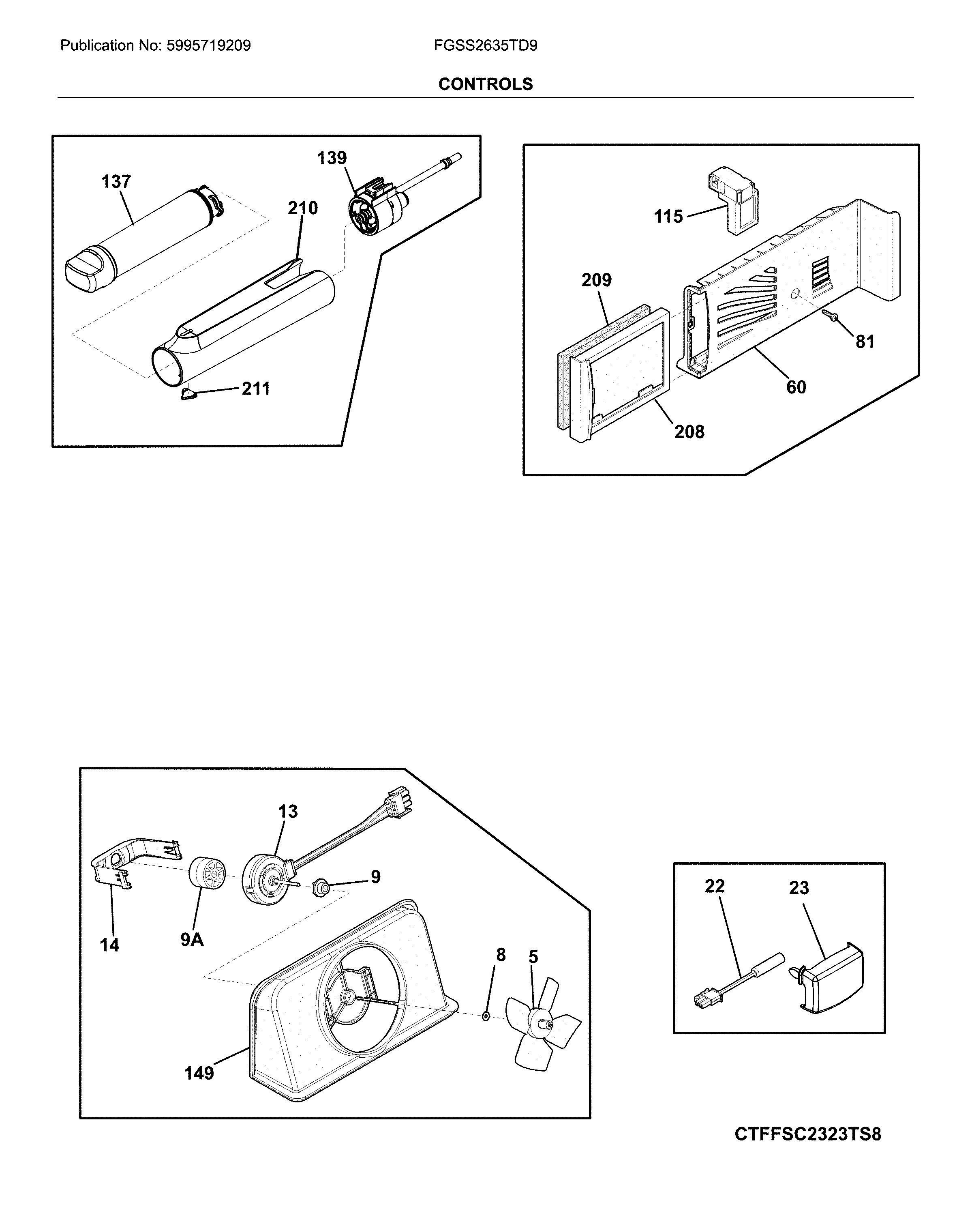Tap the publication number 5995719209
coord(208,45)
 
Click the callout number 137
coord(116,182)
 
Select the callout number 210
coord(303,208)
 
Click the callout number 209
coord(596,280)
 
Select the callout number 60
coord(796,387)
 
